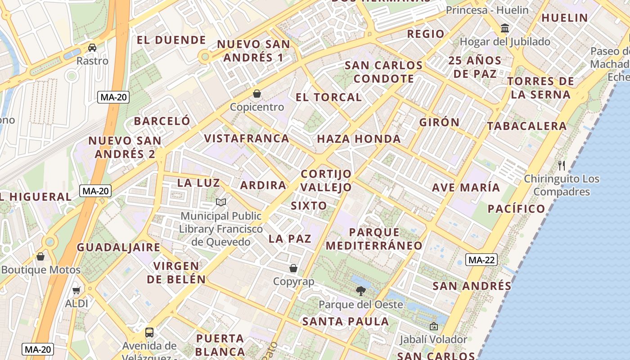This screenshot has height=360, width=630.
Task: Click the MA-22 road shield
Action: [x=481, y=260]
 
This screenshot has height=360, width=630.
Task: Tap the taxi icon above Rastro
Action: [x=92, y=47]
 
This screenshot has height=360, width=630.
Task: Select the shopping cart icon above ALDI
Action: [x=76, y=290]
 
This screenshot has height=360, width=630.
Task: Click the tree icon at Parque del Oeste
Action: [x=360, y=291]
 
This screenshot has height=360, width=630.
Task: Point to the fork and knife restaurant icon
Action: [x=561, y=165]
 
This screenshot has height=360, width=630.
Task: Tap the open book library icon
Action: [x=220, y=202]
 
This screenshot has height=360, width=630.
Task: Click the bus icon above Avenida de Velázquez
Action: [x=149, y=333]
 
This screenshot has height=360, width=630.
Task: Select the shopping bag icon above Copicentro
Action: [x=257, y=94]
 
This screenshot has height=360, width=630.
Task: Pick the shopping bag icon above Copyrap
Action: [x=293, y=268]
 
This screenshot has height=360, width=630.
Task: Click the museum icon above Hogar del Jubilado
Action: [x=505, y=28]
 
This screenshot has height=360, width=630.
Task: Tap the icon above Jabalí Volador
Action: [x=434, y=326]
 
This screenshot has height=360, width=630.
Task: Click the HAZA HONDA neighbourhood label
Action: [x=359, y=139]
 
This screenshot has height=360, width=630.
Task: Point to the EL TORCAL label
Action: [x=328, y=97]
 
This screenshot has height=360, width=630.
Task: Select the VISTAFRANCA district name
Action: [x=247, y=139]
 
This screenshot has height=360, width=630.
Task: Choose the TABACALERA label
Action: [x=527, y=126]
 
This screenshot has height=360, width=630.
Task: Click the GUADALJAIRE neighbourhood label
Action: [x=118, y=247]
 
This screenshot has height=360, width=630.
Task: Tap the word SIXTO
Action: [x=309, y=206]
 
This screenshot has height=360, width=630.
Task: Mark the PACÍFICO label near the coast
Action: [x=517, y=209]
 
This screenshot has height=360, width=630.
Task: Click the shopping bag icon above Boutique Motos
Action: [x=40, y=256]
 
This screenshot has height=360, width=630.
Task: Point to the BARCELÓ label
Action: [x=162, y=121]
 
